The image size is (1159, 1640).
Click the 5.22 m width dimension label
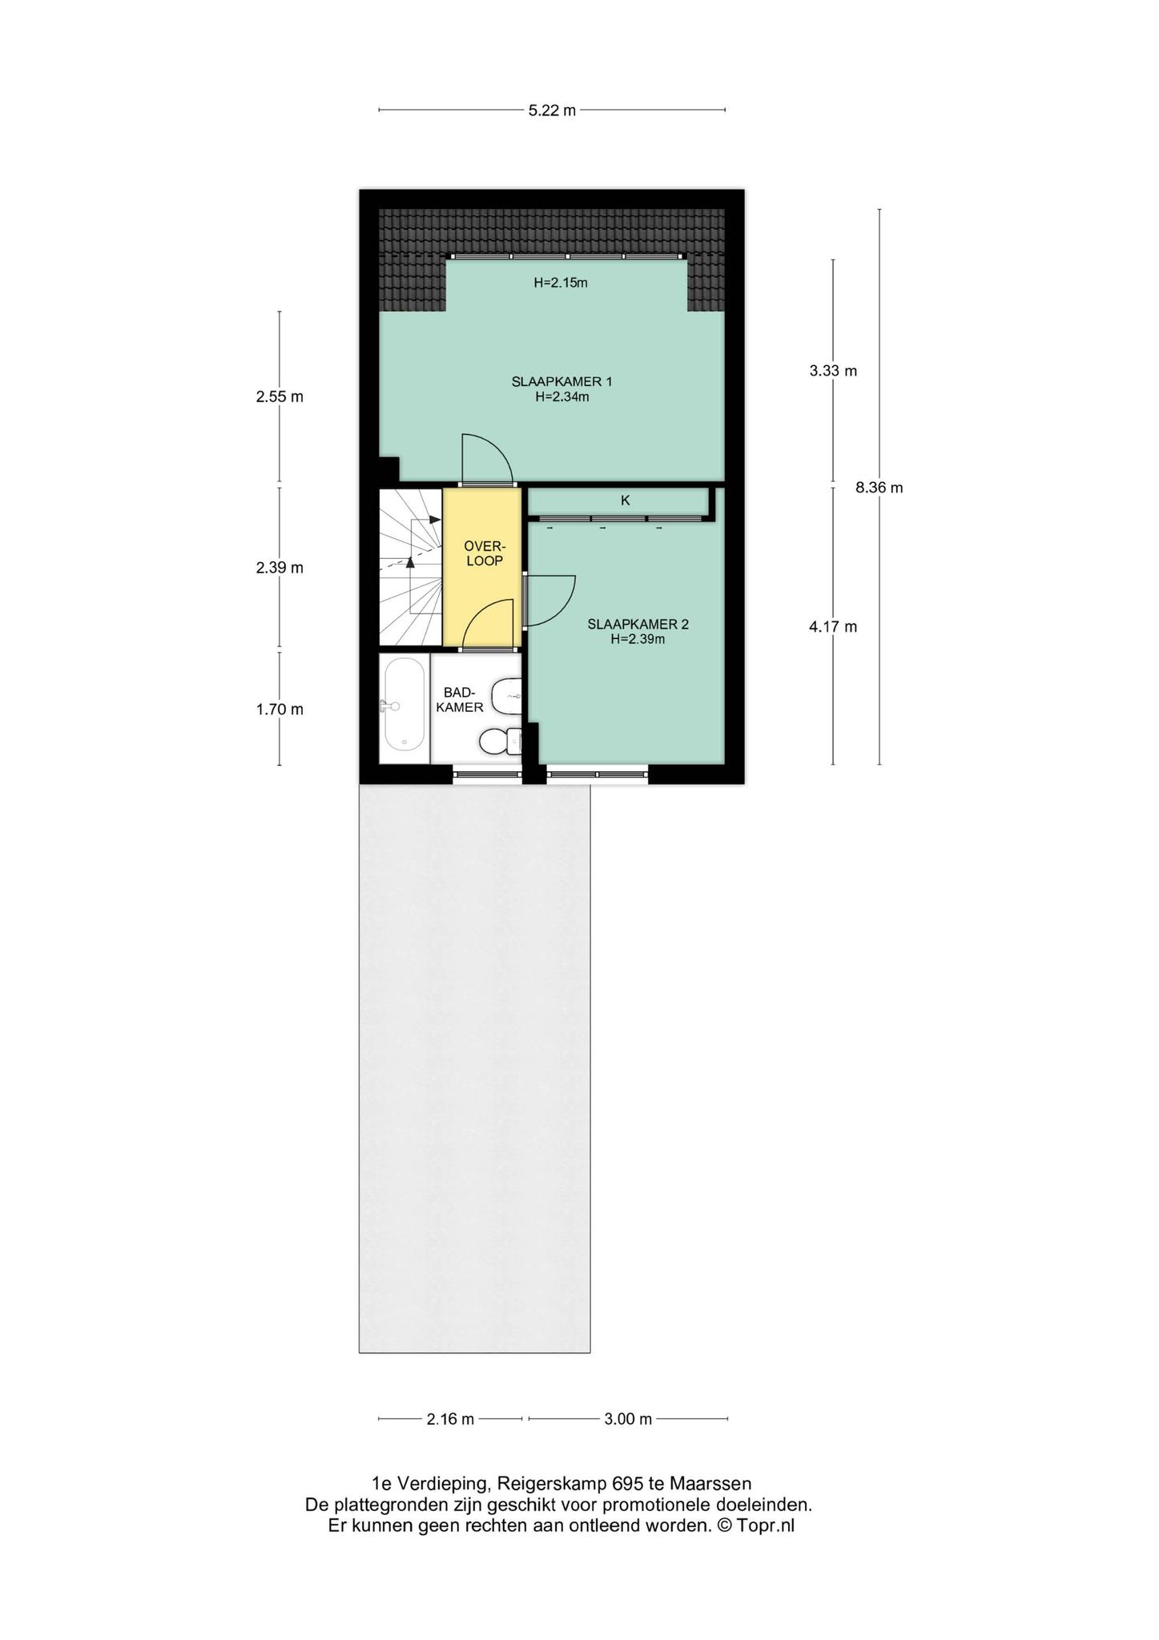(x=552, y=111)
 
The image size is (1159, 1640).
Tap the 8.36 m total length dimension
(x=879, y=488)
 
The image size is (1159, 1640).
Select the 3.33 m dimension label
(x=833, y=371)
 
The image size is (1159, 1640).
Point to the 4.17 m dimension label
(x=833, y=627)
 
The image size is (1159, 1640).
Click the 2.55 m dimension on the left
(x=280, y=396)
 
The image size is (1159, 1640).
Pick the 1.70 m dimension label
(x=280, y=709)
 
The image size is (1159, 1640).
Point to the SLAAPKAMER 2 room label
(x=638, y=625)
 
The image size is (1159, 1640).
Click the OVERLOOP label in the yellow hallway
(x=485, y=553)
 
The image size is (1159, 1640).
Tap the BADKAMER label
(x=465, y=700)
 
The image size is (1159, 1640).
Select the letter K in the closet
(x=626, y=500)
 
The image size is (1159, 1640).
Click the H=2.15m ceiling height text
(x=561, y=283)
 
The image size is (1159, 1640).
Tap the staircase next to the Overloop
(x=411, y=567)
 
